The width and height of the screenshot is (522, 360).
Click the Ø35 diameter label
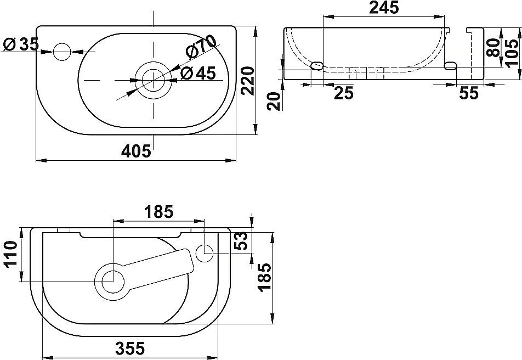click(21, 44)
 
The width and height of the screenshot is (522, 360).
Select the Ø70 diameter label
click(201, 47)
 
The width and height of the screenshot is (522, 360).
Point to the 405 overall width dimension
click(135, 151)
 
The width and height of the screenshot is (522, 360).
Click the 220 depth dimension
click(248, 81)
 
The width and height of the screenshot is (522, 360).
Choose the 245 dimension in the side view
click(383, 8)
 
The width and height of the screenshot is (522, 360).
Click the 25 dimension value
click(343, 93)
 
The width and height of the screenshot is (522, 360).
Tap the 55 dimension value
click(468, 93)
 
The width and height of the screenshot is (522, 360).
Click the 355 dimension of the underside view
click(130, 348)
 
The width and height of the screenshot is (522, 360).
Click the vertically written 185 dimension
click(265, 278)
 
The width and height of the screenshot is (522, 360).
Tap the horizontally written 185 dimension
click(158, 212)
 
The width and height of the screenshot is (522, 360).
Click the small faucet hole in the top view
click(62, 52)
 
